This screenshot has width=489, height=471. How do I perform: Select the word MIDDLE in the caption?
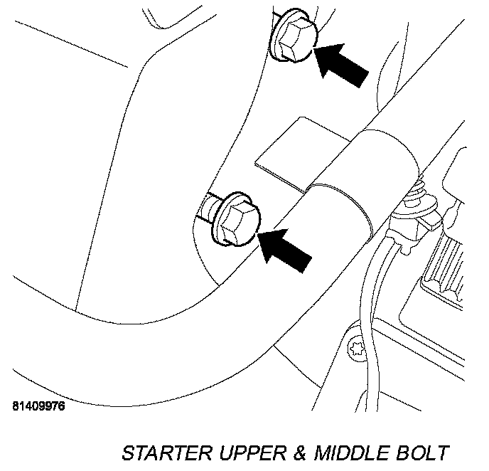[x=353, y=453]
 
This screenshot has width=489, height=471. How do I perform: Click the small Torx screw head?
[x=357, y=350]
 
